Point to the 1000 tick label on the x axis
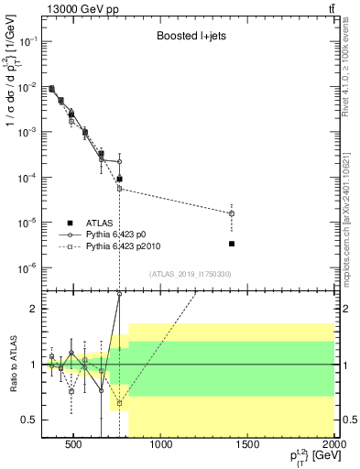tap(162, 447)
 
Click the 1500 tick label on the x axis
tap(248, 447)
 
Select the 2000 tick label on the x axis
tap(333, 447)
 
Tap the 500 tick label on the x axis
tap(75, 447)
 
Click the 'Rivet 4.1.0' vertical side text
tap(350, 73)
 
